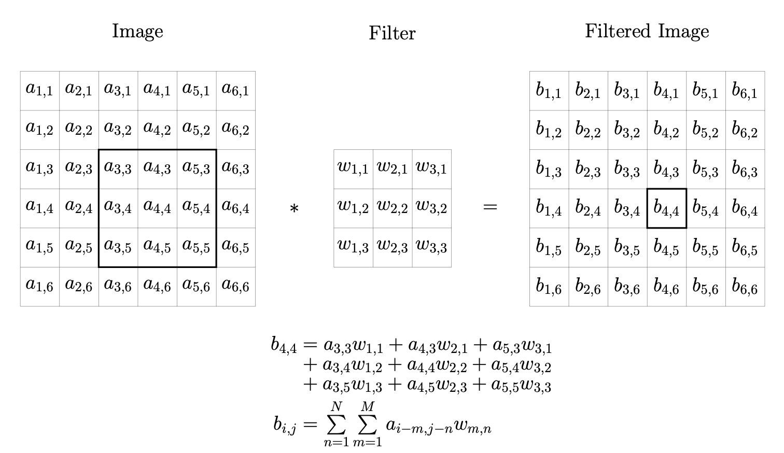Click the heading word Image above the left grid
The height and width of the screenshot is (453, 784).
pos(137,32)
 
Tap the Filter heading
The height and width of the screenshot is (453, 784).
pos(392,33)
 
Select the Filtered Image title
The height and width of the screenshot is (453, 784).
pos(647,32)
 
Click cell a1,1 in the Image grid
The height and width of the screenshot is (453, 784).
pos(40,91)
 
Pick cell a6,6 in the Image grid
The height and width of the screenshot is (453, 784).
pos(235,287)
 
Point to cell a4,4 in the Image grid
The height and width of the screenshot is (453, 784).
pos(157,208)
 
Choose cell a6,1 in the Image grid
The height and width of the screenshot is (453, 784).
pos(235,91)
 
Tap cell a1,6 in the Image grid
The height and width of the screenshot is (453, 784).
pos(40,287)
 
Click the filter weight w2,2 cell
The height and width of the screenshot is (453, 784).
pos(393,208)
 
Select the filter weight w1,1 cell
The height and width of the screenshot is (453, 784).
pos(353,169)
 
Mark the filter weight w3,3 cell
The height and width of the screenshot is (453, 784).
pos(431,248)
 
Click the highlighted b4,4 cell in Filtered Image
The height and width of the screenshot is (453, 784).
pos(667,208)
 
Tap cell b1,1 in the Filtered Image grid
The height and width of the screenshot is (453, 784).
pos(549,91)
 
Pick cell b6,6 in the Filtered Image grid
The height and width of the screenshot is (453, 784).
pos(745,287)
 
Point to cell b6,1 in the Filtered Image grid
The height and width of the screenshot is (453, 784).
pos(745,91)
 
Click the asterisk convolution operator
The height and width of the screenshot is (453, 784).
pos(294,209)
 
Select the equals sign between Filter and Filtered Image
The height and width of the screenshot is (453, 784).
pos(490,208)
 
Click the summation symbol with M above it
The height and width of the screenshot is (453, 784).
pos(367,426)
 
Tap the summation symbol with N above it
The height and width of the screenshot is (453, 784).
pos(336,426)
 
